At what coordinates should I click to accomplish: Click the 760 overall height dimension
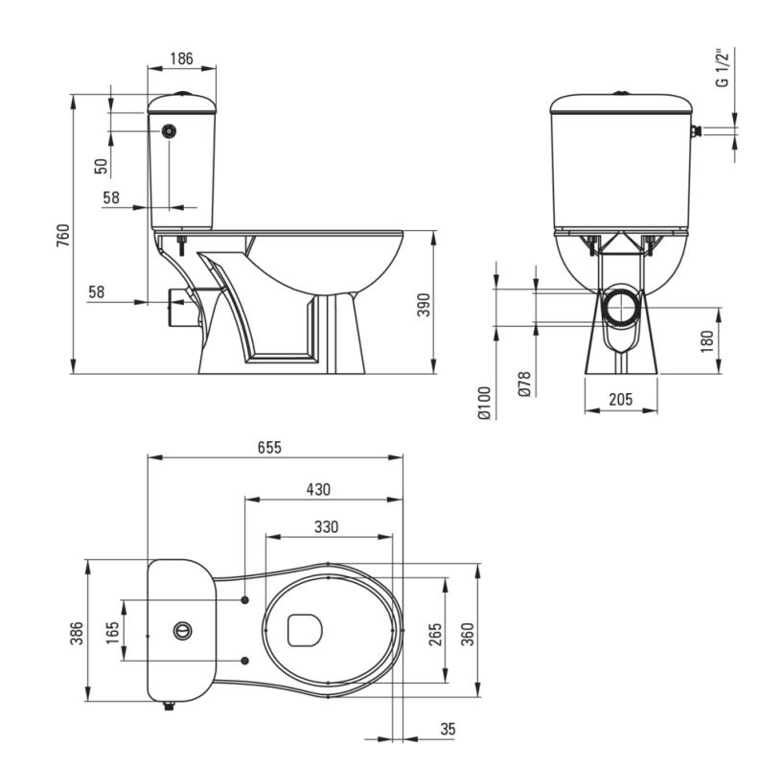click(63, 235)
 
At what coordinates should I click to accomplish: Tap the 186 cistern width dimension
click(181, 58)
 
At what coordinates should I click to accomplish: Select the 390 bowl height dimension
click(424, 305)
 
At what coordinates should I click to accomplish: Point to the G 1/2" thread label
click(722, 68)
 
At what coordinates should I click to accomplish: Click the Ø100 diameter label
click(485, 403)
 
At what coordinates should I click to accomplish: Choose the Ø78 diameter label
click(524, 384)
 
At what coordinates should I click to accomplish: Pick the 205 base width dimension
click(621, 399)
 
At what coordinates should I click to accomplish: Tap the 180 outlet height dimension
click(707, 341)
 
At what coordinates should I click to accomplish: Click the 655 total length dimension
click(269, 447)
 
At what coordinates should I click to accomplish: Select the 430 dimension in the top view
click(318, 489)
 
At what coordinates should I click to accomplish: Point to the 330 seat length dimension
click(326, 526)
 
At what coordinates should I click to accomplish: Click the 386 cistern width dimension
click(77, 633)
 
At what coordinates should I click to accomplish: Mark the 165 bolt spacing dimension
click(112, 633)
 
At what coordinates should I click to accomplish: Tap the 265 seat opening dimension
click(435, 634)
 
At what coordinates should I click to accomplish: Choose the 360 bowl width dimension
click(468, 634)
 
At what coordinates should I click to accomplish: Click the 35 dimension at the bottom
click(448, 729)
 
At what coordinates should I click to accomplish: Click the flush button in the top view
click(182, 631)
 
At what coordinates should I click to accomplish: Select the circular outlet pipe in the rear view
click(621, 307)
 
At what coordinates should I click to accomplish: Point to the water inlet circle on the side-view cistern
click(170, 131)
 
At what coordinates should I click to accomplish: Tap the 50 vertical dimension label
click(101, 166)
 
